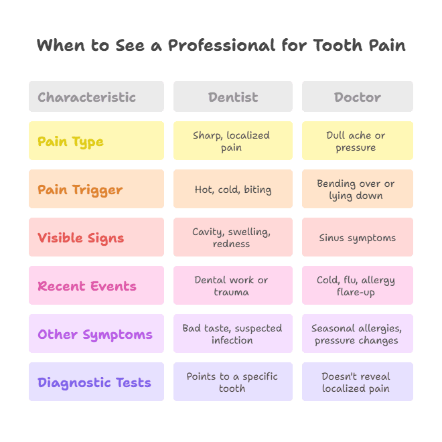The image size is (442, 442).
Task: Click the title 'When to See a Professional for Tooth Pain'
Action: [221, 46]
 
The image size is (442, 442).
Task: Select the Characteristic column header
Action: [96, 97]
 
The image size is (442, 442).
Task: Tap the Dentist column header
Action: [232, 97]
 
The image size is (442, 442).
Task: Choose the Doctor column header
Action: [357, 97]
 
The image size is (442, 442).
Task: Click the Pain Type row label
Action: [96, 141]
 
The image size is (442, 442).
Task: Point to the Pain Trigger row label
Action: [96, 190]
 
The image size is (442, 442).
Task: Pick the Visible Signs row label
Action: [96, 238]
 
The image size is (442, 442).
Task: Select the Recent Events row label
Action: [96, 286]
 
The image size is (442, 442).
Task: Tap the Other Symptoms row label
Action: [96, 334]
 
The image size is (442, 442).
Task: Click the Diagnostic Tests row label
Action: [96, 382]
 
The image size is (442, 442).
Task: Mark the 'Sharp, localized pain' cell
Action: [232, 141]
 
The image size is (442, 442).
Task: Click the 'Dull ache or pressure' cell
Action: [357, 141]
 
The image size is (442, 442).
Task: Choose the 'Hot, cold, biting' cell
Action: [232, 190]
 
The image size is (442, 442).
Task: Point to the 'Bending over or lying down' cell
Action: [357, 190]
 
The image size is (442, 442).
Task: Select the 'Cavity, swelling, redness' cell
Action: [232, 238]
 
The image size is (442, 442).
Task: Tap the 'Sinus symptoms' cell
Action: [357, 238]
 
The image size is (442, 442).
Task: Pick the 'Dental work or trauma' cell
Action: [232, 286]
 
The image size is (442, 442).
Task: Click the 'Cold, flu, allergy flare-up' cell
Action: [357, 286]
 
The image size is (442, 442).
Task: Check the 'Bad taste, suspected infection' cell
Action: [232, 334]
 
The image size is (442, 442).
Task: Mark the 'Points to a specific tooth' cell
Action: [232, 382]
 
